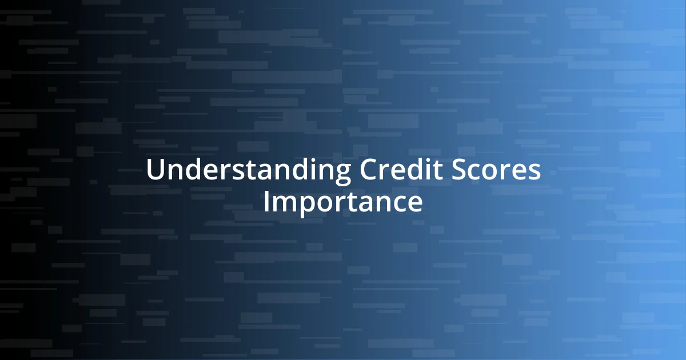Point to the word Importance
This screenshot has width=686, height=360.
[x=343, y=202]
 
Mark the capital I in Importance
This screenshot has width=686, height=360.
[x=266, y=202]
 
